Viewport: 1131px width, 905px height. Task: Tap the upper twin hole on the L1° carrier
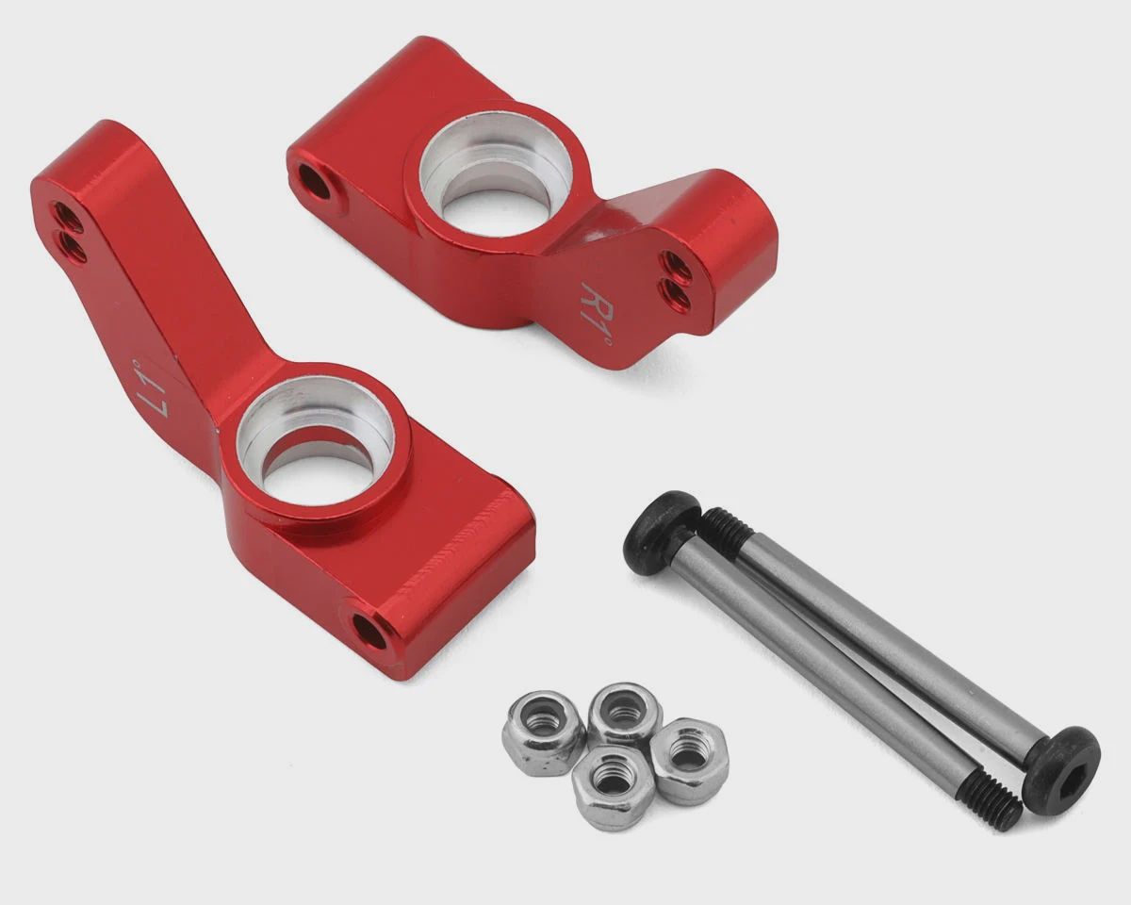pos(69,217)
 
